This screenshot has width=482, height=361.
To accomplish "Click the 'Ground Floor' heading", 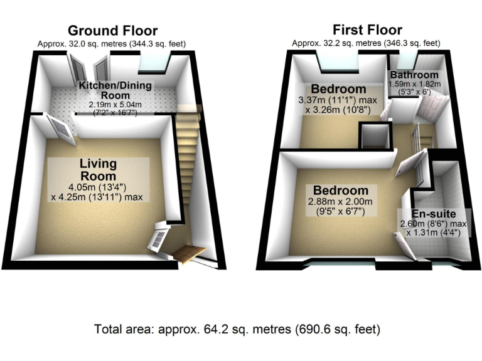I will [112, 31].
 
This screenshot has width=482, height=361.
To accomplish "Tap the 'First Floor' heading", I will [367, 29].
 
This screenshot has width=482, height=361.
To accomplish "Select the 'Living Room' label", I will [98, 170].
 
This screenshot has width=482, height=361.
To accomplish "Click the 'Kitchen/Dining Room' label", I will [115, 90].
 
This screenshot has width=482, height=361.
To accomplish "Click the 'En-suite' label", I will [433, 214].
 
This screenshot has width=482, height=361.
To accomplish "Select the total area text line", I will [237, 328].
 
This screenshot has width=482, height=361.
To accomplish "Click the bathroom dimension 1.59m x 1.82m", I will [415, 84].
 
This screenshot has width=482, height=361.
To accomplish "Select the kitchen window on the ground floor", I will [153, 63].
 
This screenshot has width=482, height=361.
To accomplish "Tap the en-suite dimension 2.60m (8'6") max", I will [433, 224].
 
